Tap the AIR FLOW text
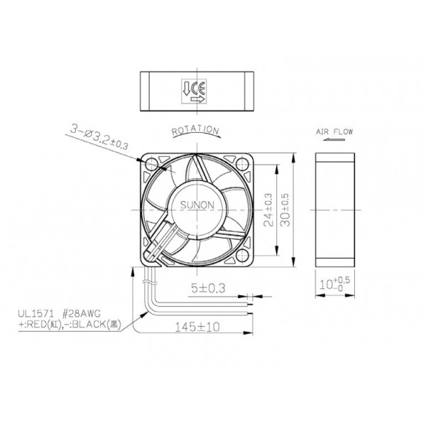(334, 132)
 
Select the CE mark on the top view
(197, 89)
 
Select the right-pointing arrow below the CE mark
(197, 100)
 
